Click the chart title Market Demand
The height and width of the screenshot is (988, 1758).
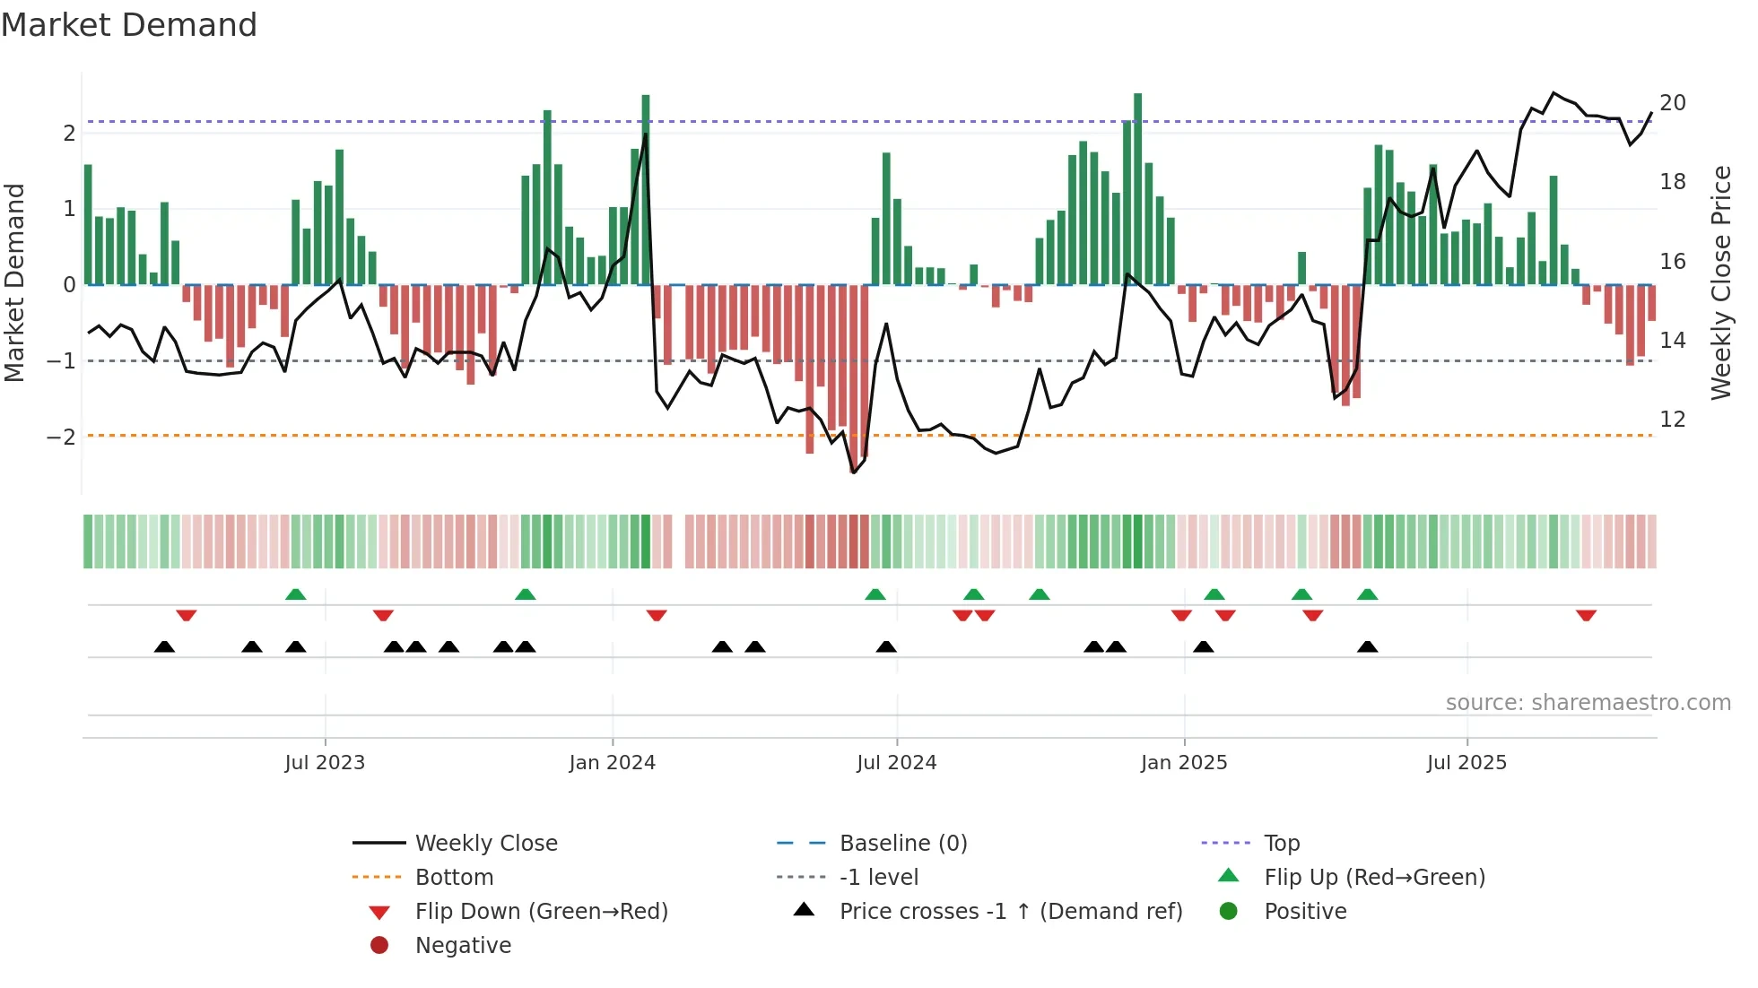coord(129,25)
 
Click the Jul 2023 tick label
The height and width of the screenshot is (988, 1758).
coord(325,763)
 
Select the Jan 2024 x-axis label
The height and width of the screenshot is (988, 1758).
coord(612,763)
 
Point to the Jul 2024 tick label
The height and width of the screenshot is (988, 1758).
coord(896,763)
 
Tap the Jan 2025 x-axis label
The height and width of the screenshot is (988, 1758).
coord(1184,763)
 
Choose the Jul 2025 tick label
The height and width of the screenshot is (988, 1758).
coord(1466,763)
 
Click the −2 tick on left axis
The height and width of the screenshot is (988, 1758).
coord(61,438)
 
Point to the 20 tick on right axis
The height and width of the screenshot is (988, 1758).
coord(1672,103)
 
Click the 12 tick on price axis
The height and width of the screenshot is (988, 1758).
coord(1672,420)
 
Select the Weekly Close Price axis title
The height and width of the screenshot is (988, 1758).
coord(1720,282)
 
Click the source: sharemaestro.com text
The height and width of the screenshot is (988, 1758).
coord(1588,703)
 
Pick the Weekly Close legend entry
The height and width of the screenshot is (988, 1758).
coord(485,844)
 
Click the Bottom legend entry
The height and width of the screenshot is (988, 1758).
coord(454,878)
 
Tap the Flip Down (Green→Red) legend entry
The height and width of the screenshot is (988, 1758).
coord(541,912)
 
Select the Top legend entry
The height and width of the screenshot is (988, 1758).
coord(1282,844)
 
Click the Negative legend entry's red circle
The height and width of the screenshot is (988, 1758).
coord(379,946)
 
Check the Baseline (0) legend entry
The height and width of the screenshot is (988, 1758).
coord(902,844)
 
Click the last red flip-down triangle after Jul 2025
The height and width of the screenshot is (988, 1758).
coord(1586,615)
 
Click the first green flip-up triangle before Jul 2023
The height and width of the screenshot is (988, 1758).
coord(295,594)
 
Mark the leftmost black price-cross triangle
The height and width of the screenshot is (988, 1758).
coord(164,646)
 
